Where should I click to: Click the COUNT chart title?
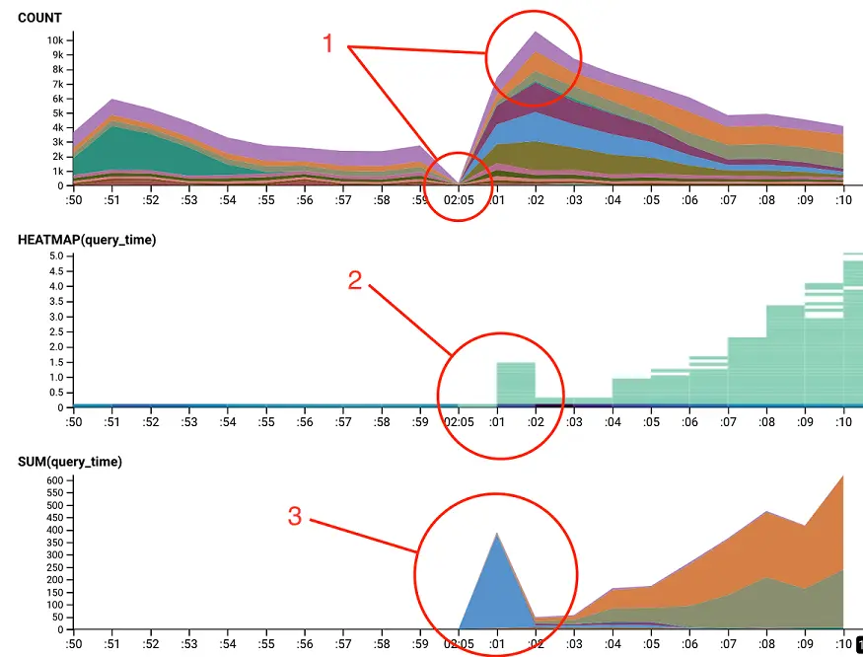click(39, 18)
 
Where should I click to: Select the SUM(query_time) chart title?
click(70, 461)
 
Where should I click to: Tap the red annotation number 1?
click(333, 44)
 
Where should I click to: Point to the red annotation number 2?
click(356, 280)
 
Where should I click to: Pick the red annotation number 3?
click(295, 516)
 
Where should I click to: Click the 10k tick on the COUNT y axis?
click(55, 39)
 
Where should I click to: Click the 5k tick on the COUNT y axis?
click(59, 112)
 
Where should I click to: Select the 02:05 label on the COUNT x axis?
click(458, 200)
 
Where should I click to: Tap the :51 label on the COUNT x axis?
click(112, 200)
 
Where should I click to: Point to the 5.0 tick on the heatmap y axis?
click(56, 255)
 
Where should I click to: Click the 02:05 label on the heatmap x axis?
click(458, 422)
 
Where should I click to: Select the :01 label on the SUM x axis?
click(496, 644)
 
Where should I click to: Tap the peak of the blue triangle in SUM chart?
click(497, 534)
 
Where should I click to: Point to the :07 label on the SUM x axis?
click(728, 644)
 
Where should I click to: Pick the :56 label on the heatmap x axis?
click(306, 422)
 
